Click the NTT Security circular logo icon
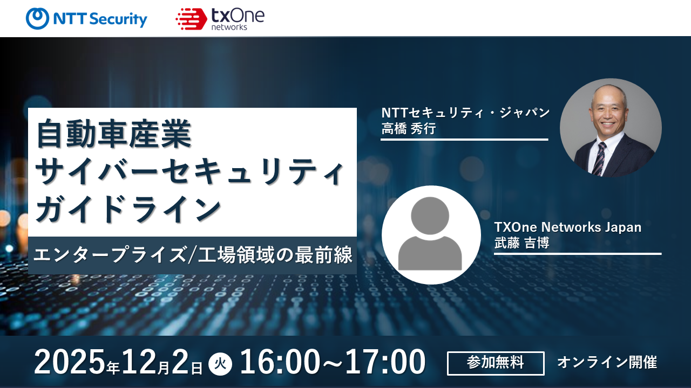point(37,18)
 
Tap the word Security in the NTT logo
point(119,19)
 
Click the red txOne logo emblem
point(191,19)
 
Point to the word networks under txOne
point(229,27)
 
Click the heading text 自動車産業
point(114,134)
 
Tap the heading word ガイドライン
point(128,209)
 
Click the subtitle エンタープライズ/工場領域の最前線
point(193,255)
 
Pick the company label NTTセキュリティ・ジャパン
point(465,113)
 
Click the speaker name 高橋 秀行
point(409,128)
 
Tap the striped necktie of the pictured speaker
point(599,158)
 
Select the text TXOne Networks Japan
point(568,227)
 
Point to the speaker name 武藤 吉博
point(521,243)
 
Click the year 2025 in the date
point(70,362)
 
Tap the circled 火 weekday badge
point(220,364)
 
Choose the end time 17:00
point(385,362)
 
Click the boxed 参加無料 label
point(496,363)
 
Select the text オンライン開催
point(607,363)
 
